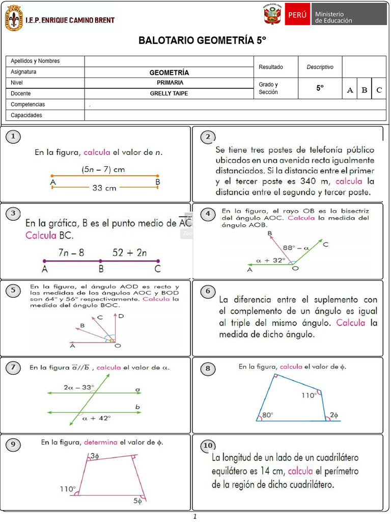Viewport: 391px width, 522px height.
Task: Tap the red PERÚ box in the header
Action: pos(297,14)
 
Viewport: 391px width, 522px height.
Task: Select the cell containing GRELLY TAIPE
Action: pos(169,94)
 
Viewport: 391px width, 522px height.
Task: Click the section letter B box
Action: pos(364,90)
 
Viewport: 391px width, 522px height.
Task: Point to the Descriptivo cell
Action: pos(320,67)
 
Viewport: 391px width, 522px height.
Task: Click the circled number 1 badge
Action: pos(13,137)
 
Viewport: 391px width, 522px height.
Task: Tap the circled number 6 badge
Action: pos(208,292)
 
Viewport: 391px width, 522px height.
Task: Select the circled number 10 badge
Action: pos(208,446)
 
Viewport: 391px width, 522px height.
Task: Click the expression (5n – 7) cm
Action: pos(103,169)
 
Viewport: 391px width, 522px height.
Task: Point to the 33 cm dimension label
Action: pos(104,188)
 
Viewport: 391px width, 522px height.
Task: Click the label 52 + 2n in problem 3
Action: pos(130,252)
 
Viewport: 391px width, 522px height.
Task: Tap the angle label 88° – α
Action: pos(296,248)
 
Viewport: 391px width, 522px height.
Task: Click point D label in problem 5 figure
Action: pos(121,316)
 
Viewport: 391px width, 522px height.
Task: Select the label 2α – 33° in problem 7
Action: pos(79,387)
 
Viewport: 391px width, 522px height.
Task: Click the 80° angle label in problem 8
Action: pos(267,415)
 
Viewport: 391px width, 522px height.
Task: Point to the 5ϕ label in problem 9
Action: pos(138,501)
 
